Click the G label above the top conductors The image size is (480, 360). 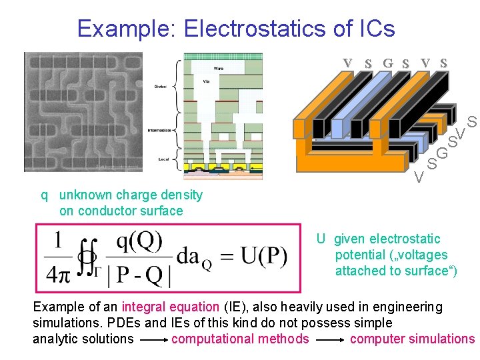pyautogui.click(x=387, y=64)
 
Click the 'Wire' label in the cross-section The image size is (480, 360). pyautogui.click(x=218, y=69)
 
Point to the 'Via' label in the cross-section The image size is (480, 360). pyautogui.click(x=207, y=81)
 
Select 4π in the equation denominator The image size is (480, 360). pyautogui.click(x=59, y=273)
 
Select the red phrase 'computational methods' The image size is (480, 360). pyautogui.click(x=240, y=339)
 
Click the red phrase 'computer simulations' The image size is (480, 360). pyautogui.click(x=412, y=339)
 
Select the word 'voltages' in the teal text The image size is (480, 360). pyautogui.click(x=424, y=255)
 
